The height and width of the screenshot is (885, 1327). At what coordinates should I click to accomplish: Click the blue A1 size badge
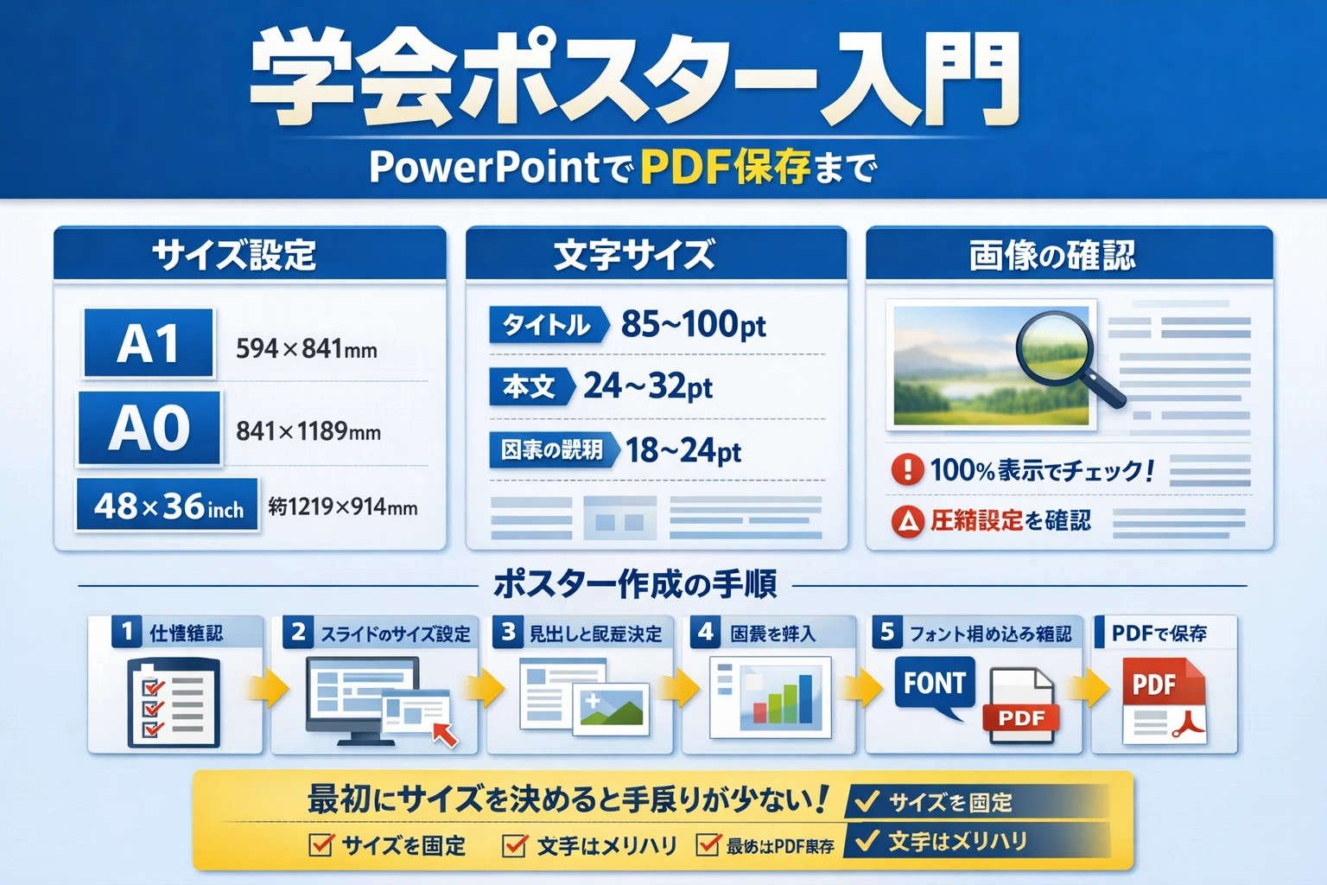pos(149,343)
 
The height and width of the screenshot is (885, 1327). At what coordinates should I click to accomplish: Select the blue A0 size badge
pos(149,429)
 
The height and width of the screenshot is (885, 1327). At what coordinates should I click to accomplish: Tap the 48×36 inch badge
pos(168,506)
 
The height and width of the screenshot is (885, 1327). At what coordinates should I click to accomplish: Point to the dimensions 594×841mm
pos(307,349)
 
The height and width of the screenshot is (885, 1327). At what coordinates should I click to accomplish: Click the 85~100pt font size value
pos(693,325)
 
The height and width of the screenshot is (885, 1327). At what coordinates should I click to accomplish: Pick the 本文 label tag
pos(530,386)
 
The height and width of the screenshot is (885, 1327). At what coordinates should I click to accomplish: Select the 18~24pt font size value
pos(683,450)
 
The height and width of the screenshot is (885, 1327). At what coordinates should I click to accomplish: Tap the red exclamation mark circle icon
pos(907,469)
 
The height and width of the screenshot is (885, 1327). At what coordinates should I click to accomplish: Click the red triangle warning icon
pos(907,521)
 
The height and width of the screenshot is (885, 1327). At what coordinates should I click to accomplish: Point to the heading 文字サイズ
pos(634,255)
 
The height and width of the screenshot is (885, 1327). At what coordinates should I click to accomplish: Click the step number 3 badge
pos(508,633)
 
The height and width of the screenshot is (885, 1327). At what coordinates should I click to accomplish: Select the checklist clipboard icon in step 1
pos(173,702)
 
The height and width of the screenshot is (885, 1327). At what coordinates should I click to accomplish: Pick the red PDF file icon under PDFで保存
pos(1163,702)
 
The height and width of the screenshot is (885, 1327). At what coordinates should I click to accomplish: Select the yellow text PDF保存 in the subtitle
pos(725,167)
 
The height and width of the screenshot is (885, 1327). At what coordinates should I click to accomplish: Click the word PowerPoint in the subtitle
pos(484,167)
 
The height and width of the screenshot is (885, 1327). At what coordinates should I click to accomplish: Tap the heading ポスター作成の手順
pos(635,585)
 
